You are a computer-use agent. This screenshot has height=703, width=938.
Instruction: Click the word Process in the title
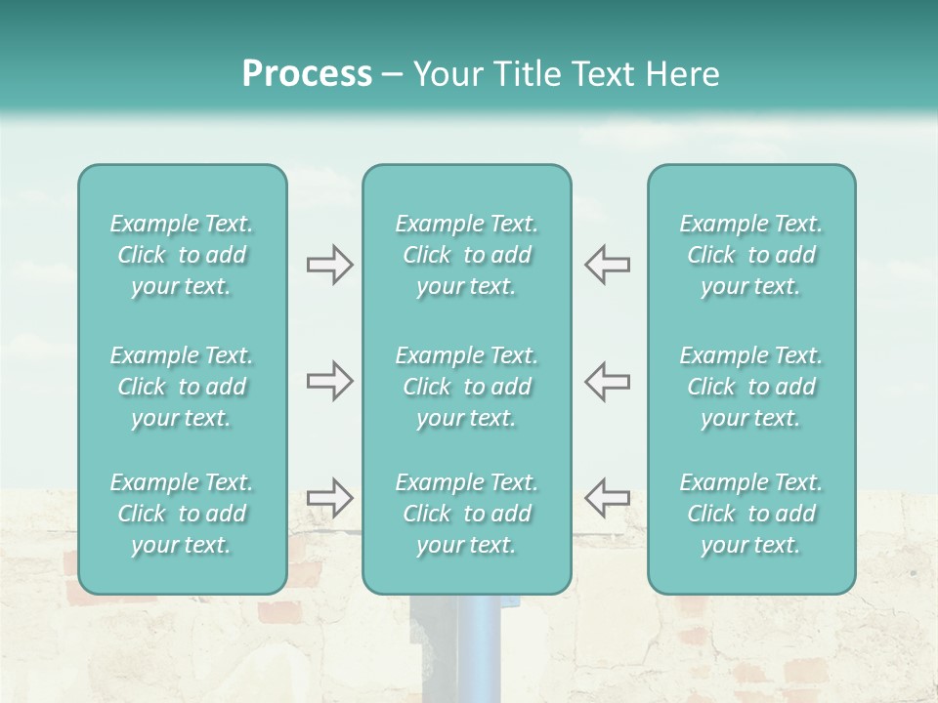[307, 74]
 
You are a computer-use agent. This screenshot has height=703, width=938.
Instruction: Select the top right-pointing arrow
[329, 265]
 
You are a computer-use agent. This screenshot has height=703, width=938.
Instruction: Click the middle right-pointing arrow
[329, 381]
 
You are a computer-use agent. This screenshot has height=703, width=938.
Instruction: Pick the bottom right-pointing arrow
[329, 497]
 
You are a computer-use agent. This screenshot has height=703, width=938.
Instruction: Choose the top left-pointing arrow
[607, 265]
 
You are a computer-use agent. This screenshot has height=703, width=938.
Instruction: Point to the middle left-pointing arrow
[607, 381]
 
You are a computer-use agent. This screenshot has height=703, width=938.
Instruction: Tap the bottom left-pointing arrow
[607, 497]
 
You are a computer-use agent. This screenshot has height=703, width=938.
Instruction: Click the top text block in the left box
[182, 255]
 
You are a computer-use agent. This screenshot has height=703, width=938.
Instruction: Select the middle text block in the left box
[182, 387]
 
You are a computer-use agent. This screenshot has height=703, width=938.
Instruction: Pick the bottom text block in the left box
[182, 514]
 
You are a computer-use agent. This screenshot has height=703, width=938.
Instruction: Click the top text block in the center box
[466, 255]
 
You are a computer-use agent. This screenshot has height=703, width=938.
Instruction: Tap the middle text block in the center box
[466, 387]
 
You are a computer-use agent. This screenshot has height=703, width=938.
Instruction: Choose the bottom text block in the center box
[466, 514]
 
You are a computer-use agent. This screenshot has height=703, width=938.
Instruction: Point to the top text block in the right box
[751, 255]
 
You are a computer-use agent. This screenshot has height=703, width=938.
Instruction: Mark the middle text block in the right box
[751, 387]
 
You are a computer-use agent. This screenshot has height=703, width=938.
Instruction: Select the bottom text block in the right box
[751, 514]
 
